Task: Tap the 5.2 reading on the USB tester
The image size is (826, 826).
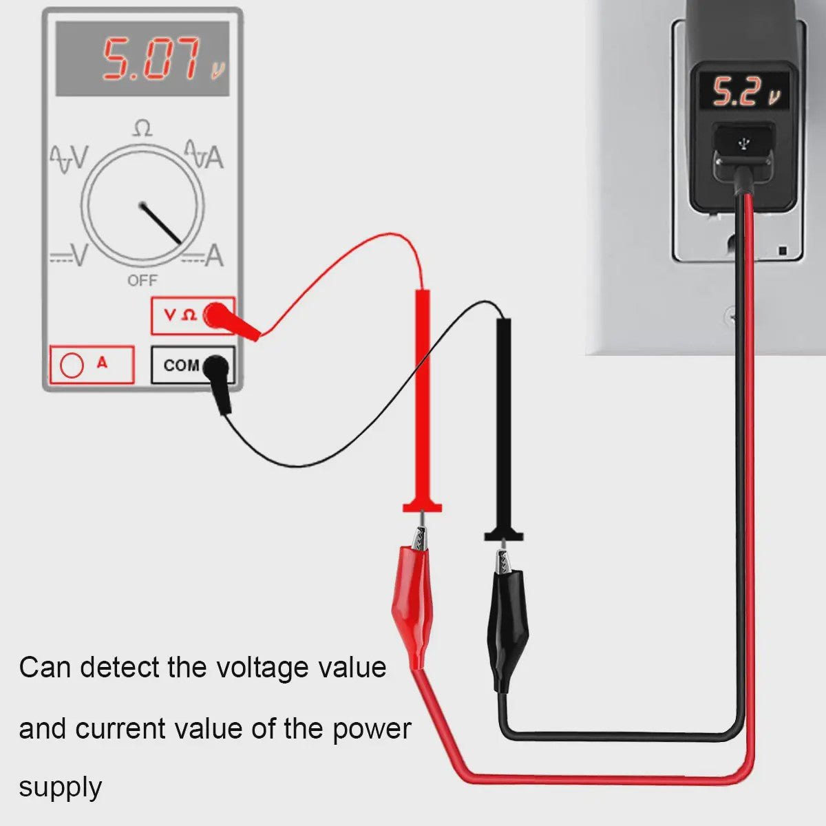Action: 734,92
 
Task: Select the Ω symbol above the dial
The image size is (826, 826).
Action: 142,129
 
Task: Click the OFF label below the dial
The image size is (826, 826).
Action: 142,281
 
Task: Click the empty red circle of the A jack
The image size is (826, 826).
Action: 72,366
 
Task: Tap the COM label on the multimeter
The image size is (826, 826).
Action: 181,366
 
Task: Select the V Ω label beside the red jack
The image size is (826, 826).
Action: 180,315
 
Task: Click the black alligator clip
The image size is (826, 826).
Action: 508,622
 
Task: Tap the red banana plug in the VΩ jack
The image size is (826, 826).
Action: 229,321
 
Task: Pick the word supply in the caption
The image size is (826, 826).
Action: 61,788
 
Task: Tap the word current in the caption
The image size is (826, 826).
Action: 120,728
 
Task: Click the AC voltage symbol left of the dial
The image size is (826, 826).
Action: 70,158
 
